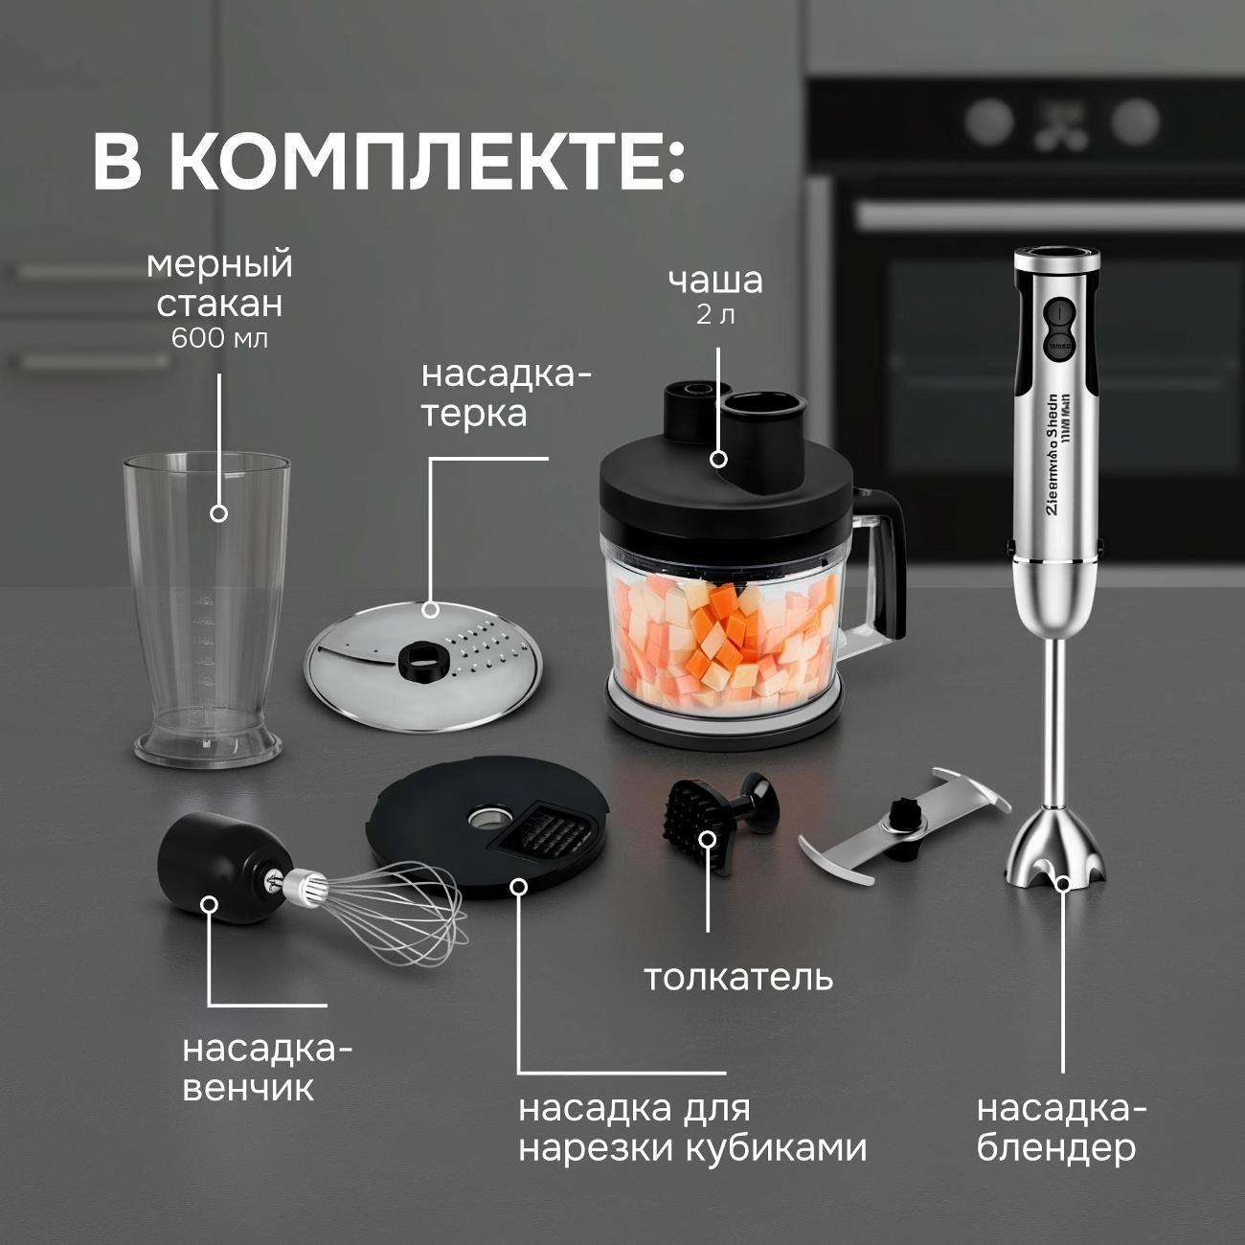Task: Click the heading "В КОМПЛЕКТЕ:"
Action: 388,162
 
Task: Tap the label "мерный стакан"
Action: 219,283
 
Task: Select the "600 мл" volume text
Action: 219,338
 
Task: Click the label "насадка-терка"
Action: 507,394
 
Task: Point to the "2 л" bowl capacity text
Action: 715,314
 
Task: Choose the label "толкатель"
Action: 737,978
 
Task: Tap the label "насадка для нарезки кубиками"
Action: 692,1127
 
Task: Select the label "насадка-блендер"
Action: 1061,1127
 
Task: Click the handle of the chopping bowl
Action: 886,565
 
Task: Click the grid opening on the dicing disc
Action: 544,831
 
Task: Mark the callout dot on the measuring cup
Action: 218,513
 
